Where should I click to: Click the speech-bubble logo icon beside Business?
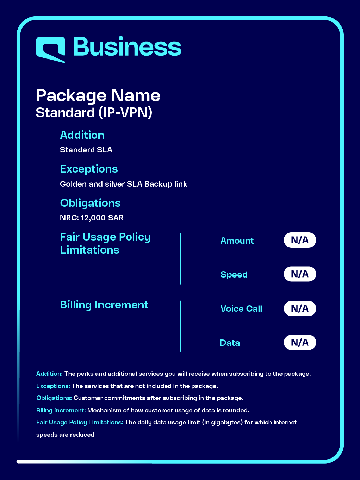(51, 49)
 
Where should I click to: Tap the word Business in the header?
(127, 47)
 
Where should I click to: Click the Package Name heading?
(98, 95)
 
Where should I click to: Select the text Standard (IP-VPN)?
(94, 113)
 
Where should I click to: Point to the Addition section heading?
(82, 135)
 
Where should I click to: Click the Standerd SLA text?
(86, 150)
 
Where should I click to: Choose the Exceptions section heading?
(89, 169)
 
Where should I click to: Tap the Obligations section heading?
(90, 203)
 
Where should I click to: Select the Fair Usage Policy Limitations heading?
(105, 243)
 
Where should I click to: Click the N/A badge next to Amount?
(300, 240)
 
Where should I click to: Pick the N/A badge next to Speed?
(300, 274)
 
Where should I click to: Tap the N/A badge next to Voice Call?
(300, 308)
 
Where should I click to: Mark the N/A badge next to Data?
(300, 342)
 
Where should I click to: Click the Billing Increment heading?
(104, 305)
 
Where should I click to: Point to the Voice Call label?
(241, 309)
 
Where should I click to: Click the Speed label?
(234, 275)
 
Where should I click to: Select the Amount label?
(237, 241)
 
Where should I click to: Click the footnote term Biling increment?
(61, 410)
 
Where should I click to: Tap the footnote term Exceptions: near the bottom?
(53, 386)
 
